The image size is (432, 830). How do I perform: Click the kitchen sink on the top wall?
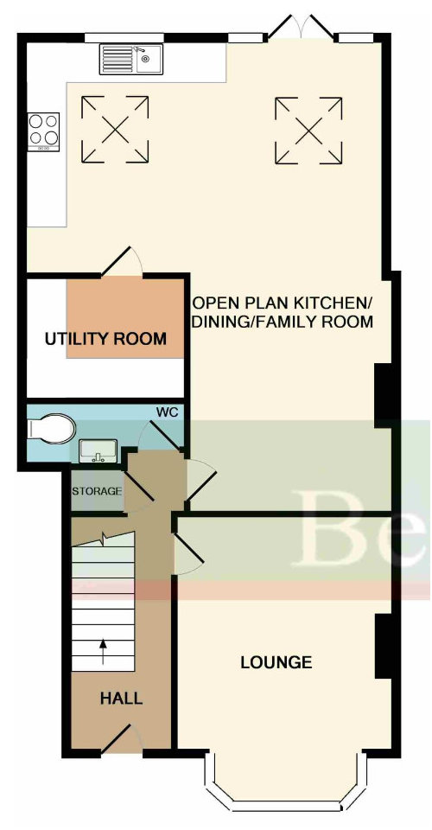(131, 59)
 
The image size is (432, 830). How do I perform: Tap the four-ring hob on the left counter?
(43, 131)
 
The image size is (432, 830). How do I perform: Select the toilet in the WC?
(50, 428)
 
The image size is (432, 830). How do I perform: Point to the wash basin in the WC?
(98, 450)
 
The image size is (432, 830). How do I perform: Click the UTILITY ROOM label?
(105, 339)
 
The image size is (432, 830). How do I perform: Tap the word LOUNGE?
(276, 662)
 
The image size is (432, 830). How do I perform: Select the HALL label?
(121, 699)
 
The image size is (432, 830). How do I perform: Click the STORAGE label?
(98, 491)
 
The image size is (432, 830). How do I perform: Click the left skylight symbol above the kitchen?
(115, 129)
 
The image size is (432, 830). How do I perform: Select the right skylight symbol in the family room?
(308, 131)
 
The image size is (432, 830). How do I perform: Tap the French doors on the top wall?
(302, 28)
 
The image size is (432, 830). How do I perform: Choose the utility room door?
(121, 261)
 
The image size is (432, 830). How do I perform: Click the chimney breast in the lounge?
(384, 646)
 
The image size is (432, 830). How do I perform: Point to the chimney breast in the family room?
(384, 395)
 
